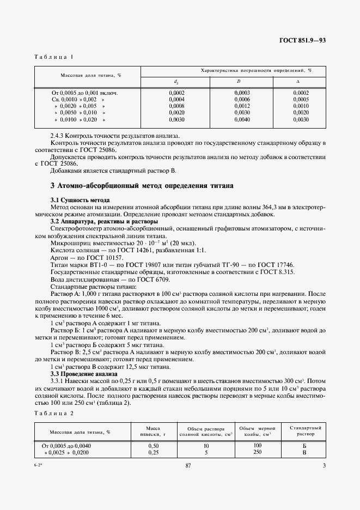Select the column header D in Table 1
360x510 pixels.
pos(239,82)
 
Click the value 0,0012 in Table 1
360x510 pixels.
pos(242,106)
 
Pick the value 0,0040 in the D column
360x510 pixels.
pos(242,119)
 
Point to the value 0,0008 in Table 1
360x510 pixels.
pos(177,106)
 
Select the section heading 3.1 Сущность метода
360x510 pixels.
pos(80,200)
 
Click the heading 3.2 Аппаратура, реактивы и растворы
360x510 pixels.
pos(104,221)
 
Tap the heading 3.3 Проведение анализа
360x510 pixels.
pos(83,374)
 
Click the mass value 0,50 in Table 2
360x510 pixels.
pos(153,445)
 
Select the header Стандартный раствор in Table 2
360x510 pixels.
pos(305,431)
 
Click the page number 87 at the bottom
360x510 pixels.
pos(188,495)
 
